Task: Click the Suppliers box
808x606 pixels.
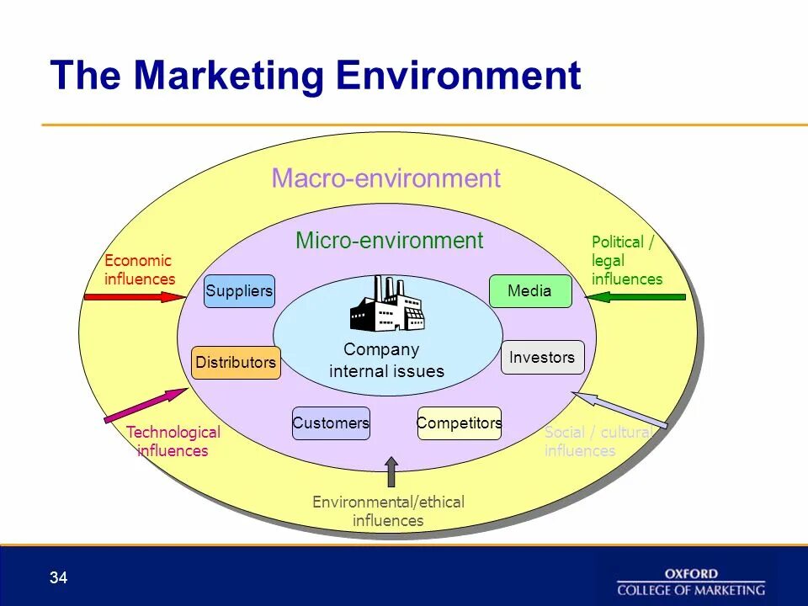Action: pyautogui.click(x=240, y=291)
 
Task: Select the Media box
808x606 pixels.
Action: pyautogui.click(x=530, y=291)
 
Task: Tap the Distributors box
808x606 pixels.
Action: pyautogui.click(x=236, y=363)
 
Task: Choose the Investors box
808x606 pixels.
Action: pyautogui.click(x=542, y=357)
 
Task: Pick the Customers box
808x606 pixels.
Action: pyautogui.click(x=331, y=423)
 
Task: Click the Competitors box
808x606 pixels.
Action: pyautogui.click(x=460, y=423)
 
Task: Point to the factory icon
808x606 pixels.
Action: pyautogui.click(x=387, y=304)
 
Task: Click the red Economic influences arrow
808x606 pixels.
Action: pyautogui.click(x=135, y=296)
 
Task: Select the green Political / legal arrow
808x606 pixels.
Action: pyautogui.click(x=640, y=296)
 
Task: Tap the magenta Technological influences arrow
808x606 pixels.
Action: pyautogui.click(x=146, y=405)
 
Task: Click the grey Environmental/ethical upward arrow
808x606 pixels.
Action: pyautogui.click(x=391, y=472)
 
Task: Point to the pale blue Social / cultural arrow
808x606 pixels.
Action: pyautogui.click(x=619, y=410)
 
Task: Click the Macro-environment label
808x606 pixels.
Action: pyautogui.click(x=385, y=178)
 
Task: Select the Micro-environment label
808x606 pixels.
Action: pyautogui.click(x=389, y=241)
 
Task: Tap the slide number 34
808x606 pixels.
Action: pyautogui.click(x=58, y=577)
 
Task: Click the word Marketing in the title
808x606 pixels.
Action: pyautogui.click(x=229, y=76)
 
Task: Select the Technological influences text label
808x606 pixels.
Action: pyautogui.click(x=173, y=441)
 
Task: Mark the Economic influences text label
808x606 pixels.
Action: pyautogui.click(x=139, y=269)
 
